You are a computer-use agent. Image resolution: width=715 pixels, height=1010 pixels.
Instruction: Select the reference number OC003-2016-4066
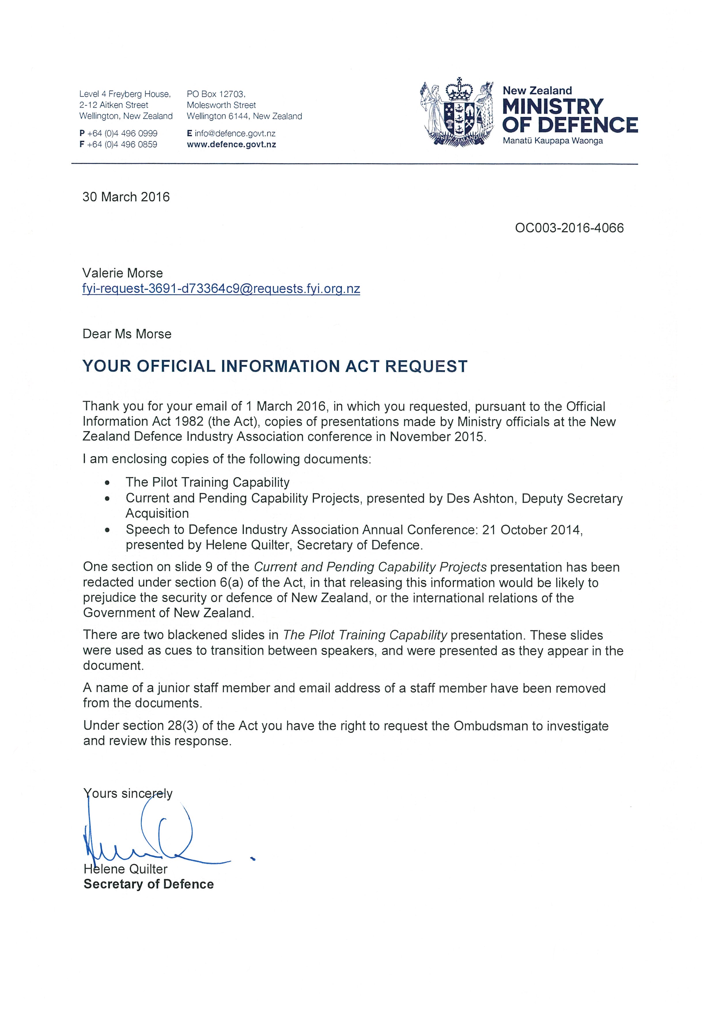tap(569, 228)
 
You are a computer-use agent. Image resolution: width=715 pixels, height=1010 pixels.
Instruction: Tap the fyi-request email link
tap(221, 289)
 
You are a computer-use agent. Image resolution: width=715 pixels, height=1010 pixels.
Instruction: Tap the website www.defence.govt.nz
tap(232, 144)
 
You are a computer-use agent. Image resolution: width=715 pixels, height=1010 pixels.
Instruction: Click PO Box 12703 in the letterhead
tap(216, 94)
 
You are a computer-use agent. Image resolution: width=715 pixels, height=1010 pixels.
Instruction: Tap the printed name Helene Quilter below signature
tap(126, 869)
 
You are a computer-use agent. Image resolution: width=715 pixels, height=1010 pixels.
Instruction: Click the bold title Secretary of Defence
tap(149, 884)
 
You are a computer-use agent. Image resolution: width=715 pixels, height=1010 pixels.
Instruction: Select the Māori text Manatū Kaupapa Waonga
tap(553, 141)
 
